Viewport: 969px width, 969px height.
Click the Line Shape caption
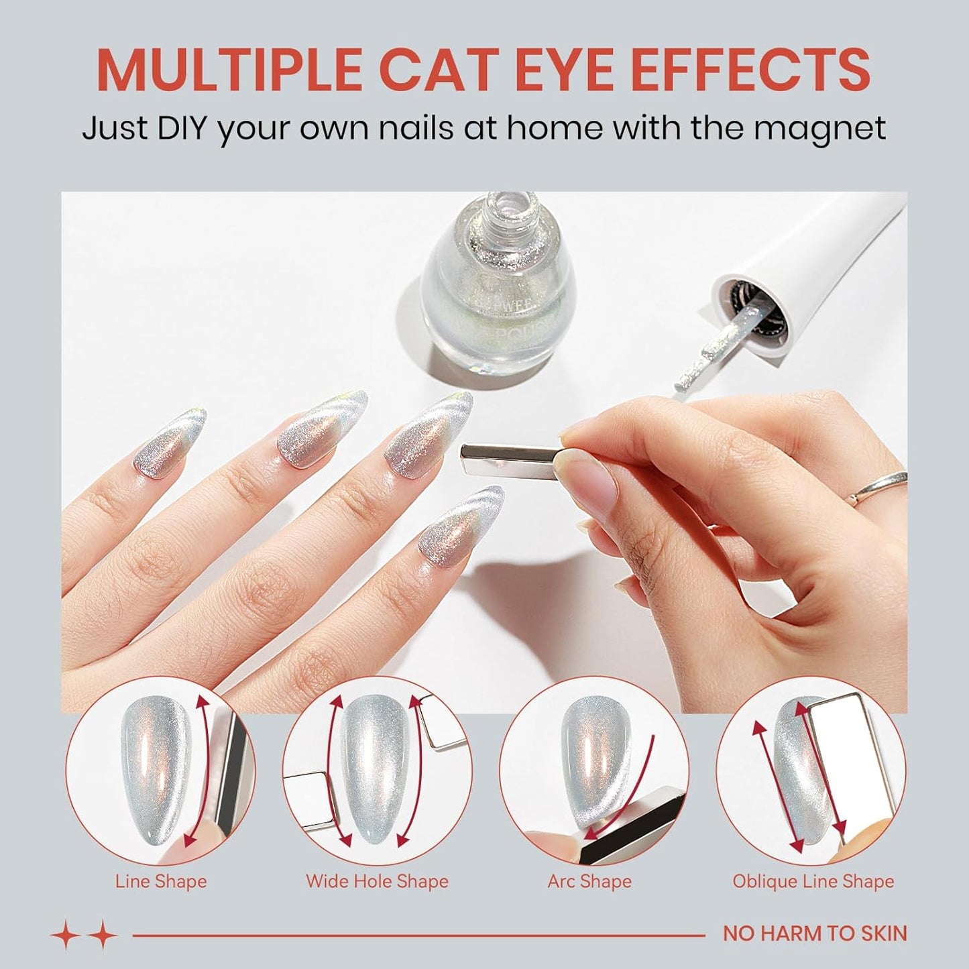tap(161, 880)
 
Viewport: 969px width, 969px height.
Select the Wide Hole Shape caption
tap(377, 880)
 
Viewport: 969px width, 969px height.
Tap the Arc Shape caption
tap(589, 880)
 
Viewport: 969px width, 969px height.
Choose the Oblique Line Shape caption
tap(813, 880)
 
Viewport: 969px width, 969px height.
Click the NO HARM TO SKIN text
tap(815, 933)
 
